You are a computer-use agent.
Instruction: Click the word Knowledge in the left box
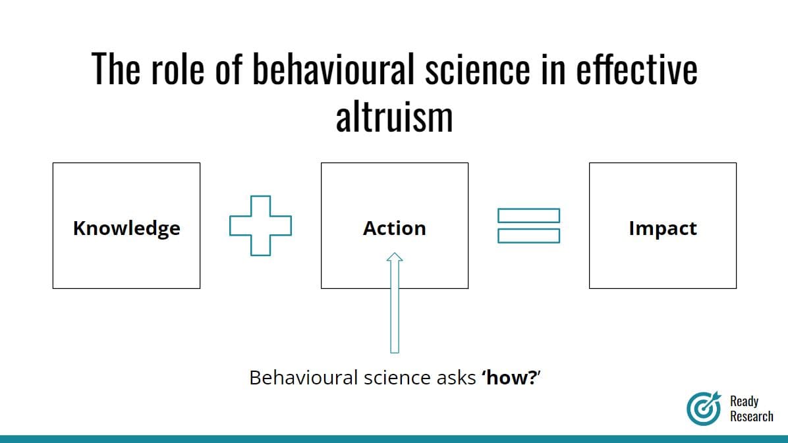click(x=127, y=228)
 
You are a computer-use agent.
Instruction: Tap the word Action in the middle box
click(x=395, y=228)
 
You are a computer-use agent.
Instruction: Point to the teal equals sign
click(x=528, y=226)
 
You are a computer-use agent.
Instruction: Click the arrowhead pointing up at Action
click(x=395, y=257)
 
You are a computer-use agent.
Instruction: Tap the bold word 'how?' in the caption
click(x=509, y=377)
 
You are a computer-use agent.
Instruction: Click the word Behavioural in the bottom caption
click(x=304, y=377)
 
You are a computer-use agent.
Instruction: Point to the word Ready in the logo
click(x=745, y=402)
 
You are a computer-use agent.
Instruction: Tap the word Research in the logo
click(x=751, y=416)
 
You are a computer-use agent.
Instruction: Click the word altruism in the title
click(x=395, y=117)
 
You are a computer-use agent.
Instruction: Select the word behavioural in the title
click(x=333, y=68)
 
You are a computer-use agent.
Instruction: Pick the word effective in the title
click(x=636, y=68)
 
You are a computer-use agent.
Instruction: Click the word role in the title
click(x=177, y=68)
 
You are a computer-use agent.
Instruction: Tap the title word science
click(x=478, y=70)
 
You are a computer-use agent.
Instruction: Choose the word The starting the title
click(x=115, y=68)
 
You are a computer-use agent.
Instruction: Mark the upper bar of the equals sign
click(x=528, y=215)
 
